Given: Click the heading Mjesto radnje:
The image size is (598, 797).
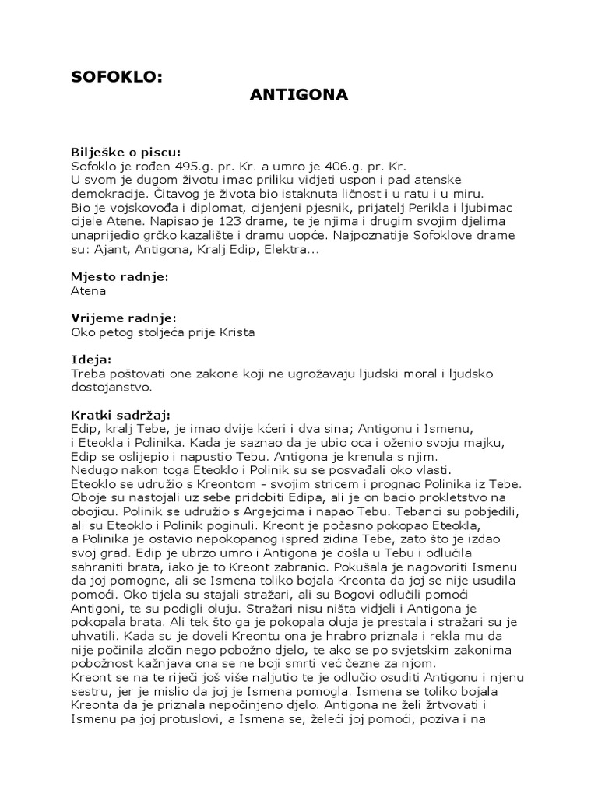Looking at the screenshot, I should tap(120, 276).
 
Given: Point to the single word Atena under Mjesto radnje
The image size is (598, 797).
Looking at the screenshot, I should tap(87, 290).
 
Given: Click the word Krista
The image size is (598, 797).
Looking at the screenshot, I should tap(236, 332).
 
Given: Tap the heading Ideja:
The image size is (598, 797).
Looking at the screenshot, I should tap(91, 360).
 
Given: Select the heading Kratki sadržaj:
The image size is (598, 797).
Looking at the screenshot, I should tap(120, 415).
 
